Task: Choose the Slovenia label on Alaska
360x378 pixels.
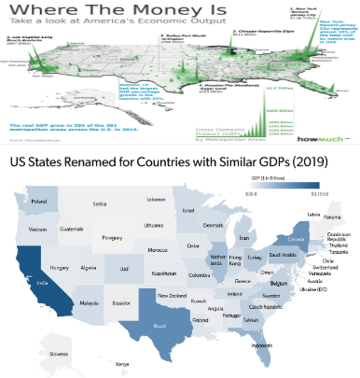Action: click(x=34, y=355)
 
